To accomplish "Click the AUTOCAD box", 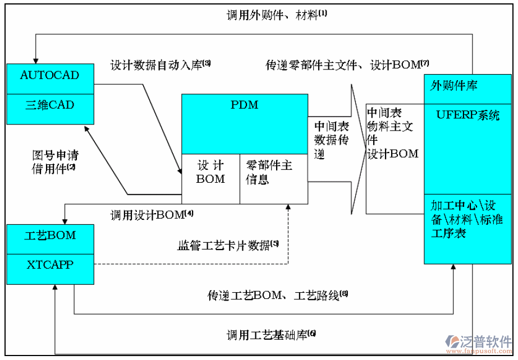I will [x=49, y=76].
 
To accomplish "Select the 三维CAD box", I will [x=49, y=105].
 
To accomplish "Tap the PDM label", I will [x=244, y=104].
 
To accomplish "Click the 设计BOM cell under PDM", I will [x=210, y=172].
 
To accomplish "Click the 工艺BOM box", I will [x=49, y=235].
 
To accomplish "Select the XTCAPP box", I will [x=49, y=265].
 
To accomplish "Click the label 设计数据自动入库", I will [x=161, y=65].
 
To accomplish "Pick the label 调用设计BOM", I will [x=152, y=214].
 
